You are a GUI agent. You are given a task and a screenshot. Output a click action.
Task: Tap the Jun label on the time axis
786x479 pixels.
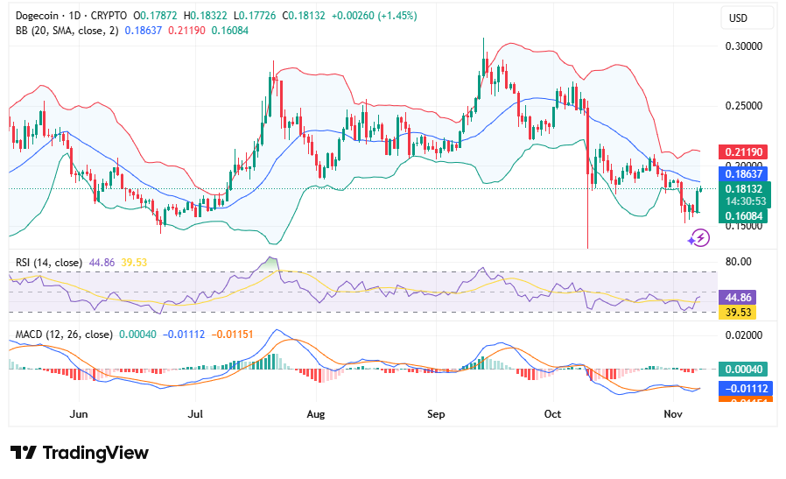pos(80,413)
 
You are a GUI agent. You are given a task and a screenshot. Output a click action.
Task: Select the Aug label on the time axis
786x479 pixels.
pos(317,413)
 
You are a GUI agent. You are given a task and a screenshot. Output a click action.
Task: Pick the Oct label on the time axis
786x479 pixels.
pos(553,413)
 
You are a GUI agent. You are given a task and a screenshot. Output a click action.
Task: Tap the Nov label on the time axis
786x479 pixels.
pos(673,413)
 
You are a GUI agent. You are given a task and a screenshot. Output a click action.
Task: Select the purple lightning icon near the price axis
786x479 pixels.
pos(698,237)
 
